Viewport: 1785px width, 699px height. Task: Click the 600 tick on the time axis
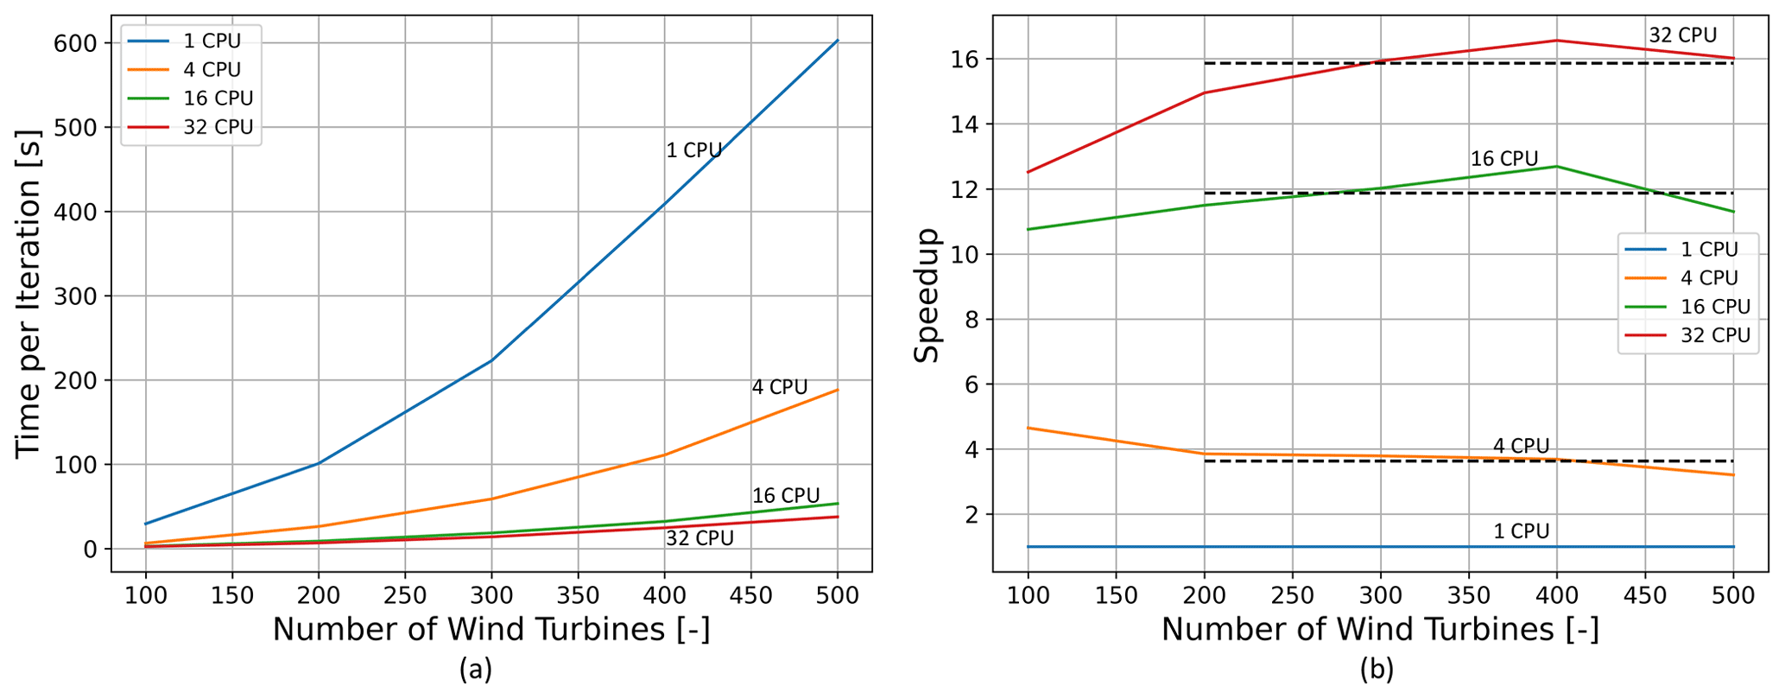(76, 42)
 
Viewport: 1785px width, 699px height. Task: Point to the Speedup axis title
(927, 295)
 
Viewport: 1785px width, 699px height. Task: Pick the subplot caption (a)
(476, 670)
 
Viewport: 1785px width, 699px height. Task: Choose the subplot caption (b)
(1377, 670)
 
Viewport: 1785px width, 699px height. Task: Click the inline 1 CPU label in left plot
(693, 150)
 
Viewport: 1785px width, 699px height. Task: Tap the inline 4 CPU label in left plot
(779, 387)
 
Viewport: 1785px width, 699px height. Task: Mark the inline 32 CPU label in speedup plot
(1682, 35)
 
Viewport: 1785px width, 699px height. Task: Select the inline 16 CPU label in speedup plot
(1504, 159)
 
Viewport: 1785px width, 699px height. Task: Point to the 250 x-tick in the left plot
(405, 595)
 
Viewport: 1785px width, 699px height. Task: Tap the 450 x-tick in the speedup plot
(1644, 595)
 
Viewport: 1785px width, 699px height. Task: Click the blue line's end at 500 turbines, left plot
(838, 41)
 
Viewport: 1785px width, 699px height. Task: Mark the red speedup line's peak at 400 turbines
(1556, 41)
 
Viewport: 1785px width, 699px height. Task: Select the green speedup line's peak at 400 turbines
(1556, 166)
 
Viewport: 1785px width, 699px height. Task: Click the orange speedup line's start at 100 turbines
(1029, 428)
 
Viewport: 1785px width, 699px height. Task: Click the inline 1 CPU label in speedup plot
(1521, 531)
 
